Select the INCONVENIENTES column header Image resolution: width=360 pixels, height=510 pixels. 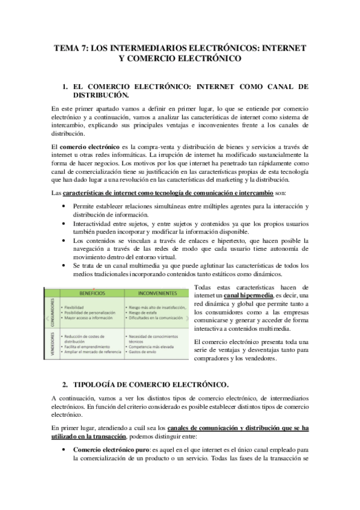(153, 293)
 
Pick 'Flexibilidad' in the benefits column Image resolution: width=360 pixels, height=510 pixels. (76, 307)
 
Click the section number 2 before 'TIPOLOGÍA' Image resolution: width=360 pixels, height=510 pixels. (65, 384)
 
